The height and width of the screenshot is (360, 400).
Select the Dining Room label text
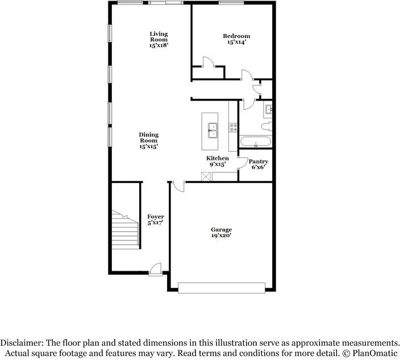coord(149,140)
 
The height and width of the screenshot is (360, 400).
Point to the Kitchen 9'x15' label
coord(217,161)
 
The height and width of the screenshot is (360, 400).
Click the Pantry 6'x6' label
coord(259,164)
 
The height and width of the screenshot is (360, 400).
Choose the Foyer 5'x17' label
coord(156,220)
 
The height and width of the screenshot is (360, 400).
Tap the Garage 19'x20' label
coord(221,233)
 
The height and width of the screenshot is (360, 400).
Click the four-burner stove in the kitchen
coord(232,127)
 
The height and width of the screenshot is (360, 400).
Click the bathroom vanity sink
coord(269,108)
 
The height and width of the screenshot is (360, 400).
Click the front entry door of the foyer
coord(155,267)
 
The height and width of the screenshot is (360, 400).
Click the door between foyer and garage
coord(178,185)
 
